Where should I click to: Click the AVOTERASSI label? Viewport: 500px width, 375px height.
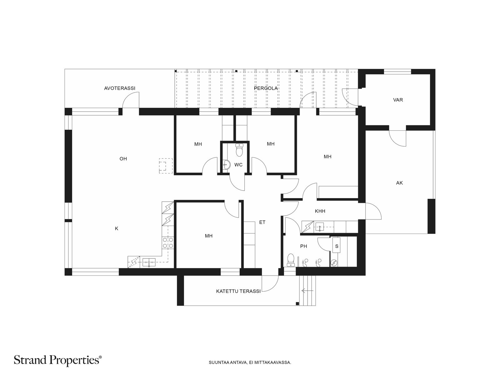tap(120, 88)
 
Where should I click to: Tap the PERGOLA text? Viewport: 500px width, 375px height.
tap(266, 88)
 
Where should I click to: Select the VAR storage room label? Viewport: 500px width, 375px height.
tap(398, 100)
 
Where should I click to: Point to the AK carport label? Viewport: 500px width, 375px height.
tap(399, 182)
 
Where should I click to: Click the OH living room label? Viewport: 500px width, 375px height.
tap(123, 159)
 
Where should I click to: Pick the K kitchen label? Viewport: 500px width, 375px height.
tap(117, 229)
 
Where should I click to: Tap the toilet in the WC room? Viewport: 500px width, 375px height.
tap(239, 150)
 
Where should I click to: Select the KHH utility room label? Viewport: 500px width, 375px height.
tap(320, 211)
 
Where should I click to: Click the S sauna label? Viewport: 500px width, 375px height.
tap(337, 246)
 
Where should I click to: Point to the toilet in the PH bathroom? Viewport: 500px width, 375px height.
tap(290, 260)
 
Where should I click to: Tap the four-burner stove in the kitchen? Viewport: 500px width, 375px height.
tap(168, 242)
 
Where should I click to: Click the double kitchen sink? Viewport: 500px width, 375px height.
tap(149, 262)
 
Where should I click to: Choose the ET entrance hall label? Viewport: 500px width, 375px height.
tap(262, 222)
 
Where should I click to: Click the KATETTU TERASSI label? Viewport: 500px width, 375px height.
tap(238, 291)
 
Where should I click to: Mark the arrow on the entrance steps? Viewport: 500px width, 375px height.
tap(307, 291)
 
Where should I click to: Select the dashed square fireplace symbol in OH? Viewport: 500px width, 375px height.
tap(166, 166)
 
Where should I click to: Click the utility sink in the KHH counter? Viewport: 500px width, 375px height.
tap(320, 227)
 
